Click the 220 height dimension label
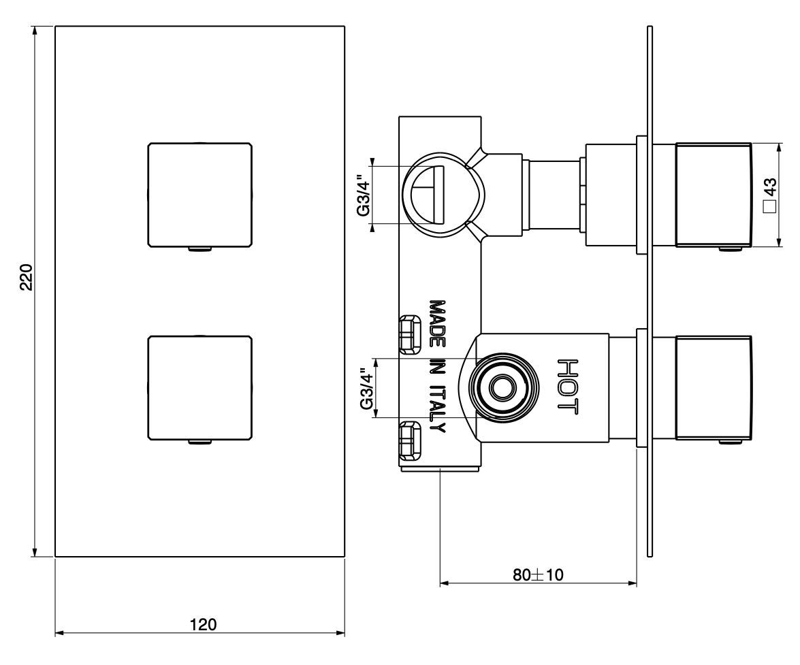coord(26,277)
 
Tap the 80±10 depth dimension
coord(538,574)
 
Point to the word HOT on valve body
coord(567,386)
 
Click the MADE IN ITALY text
coord(436,366)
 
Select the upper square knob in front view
coord(199,194)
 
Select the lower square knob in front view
coord(199,387)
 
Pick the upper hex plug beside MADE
coord(409,335)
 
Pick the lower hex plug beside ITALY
coord(409,439)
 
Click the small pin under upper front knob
coord(199,248)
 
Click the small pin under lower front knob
coord(199,442)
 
